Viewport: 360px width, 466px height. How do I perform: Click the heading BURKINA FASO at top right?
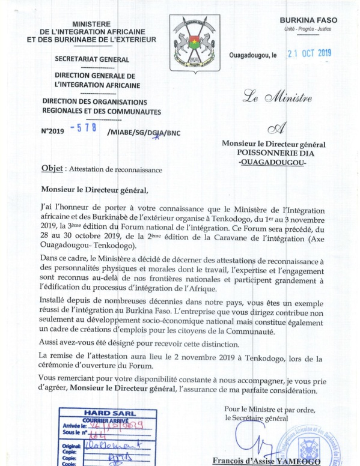pyautogui.click(x=312, y=20)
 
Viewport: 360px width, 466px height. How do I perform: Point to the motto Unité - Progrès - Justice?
pyautogui.click(x=312, y=29)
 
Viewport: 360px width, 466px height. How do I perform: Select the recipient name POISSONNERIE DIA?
pyautogui.click(x=273, y=153)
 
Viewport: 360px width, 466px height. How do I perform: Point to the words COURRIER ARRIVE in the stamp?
pyautogui.click(x=94, y=420)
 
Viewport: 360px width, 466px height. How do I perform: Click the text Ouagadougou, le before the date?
pyautogui.click(x=253, y=55)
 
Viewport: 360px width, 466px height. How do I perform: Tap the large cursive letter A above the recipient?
pyautogui.click(x=273, y=126)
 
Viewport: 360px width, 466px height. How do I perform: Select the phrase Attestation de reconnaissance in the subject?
pyautogui.click(x=116, y=169)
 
